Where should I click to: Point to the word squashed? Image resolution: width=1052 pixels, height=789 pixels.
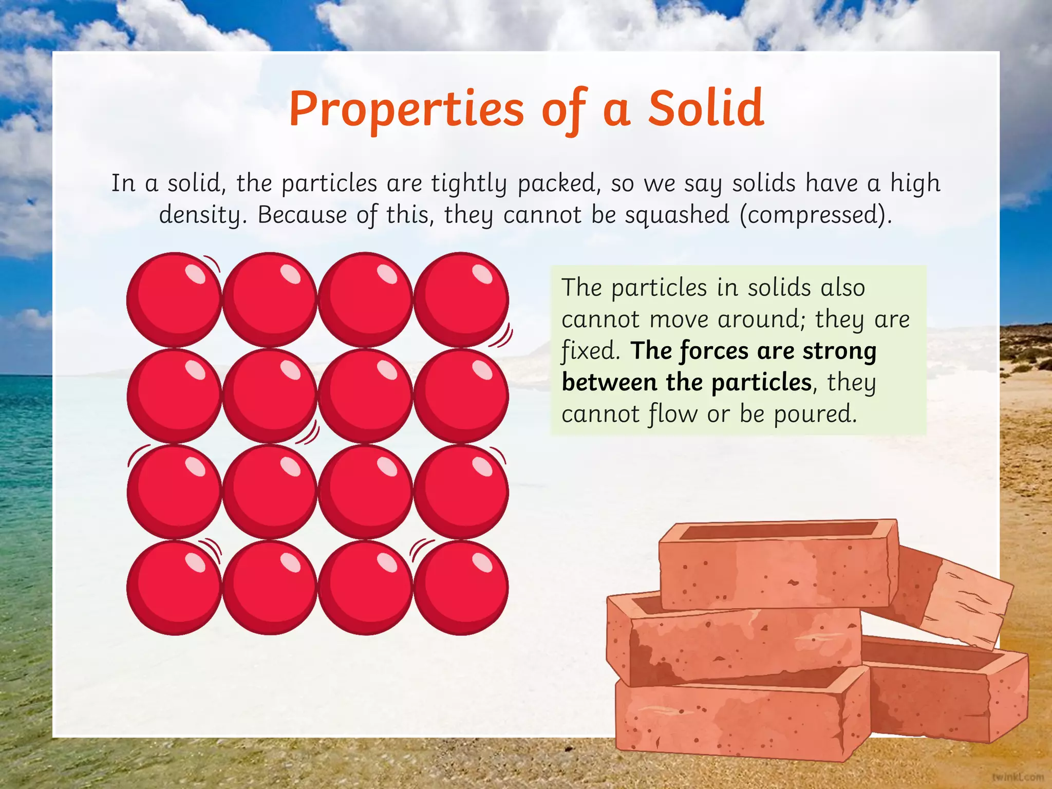click(x=677, y=215)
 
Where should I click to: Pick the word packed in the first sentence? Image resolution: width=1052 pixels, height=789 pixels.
click(x=558, y=183)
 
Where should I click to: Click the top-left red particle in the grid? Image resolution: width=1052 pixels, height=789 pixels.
click(x=174, y=299)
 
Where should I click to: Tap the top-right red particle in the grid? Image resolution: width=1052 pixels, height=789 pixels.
click(x=461, y=299)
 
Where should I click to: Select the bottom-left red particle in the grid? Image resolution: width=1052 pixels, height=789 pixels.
click(x=174, y=588)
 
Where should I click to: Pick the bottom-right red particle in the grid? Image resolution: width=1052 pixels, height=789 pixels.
click(x=461, y=588)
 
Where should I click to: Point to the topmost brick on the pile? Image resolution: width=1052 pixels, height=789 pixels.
click(x=778, y=565)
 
